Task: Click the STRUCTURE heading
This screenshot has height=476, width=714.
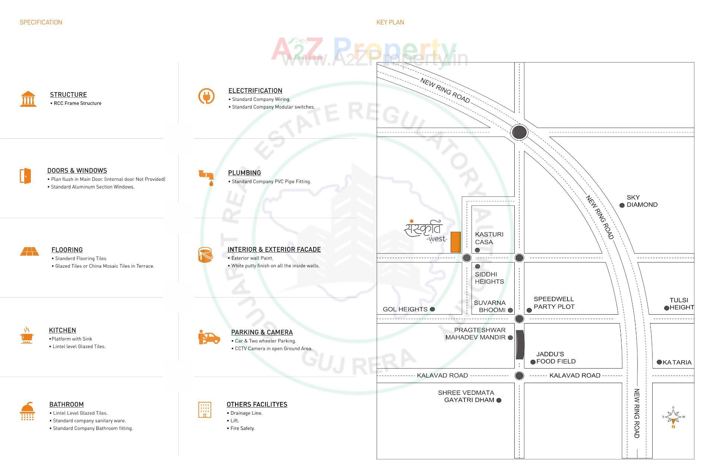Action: click(x=68, y=94)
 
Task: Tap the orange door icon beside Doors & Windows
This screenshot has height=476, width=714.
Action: click(x=25, y=176)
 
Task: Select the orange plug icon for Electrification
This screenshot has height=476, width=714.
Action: click(x=206, y=96)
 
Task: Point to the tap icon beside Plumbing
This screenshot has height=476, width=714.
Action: click(x=206, y=177)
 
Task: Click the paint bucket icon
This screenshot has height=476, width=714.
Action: click(x=205, y=255)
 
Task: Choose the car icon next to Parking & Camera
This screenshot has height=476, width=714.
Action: click(x=209, y=337)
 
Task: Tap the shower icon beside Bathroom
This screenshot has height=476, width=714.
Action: click(x=28, y=411)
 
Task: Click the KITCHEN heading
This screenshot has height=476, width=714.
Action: click(x=62, y=330)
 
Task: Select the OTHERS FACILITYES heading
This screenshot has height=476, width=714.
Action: click(x=257, y=404)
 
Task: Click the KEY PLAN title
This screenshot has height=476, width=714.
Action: click(x=390, y=22)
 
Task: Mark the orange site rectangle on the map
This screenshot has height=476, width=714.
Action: click(x=456, y=242)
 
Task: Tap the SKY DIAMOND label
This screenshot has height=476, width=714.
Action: click(x=642, y=201)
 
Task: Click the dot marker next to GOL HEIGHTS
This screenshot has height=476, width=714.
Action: click(x=432, y=309)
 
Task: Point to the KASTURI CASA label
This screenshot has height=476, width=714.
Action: click(x=489, y=238)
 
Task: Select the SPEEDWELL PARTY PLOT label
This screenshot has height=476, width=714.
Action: click(x=554, y=303)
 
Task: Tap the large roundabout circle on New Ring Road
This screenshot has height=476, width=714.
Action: click(x=519, y=132)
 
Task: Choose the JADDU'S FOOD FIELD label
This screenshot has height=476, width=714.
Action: click(x=556, y=358)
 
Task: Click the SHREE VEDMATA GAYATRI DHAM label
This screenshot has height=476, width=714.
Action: click(x=466, y=396)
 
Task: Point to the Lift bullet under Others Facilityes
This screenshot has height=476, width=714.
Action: click(x=235, y=421)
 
